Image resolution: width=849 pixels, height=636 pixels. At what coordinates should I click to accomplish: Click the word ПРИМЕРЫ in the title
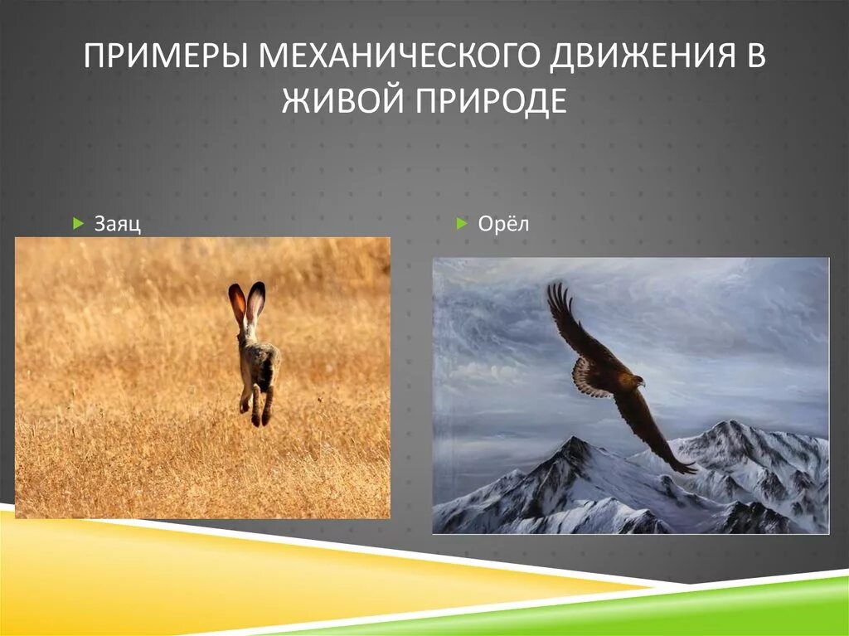tap(166, 56)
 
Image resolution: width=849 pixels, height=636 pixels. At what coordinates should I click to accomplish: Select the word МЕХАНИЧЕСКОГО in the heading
tap(400, 56)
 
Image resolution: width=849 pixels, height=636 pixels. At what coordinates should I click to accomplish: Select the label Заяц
tap(118, 223)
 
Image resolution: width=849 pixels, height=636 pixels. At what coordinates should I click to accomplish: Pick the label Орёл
tap(503, 223)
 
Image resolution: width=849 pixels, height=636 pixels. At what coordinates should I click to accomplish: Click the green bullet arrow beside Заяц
tap(79, 223)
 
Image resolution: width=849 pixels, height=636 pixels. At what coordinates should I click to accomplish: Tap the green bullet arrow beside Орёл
tap(462, 223)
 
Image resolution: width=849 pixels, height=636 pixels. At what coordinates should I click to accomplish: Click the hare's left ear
tap(236, 303)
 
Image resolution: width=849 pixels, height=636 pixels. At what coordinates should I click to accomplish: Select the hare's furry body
tap(260, 364)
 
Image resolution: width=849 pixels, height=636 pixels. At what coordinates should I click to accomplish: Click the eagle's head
tap(637, 381)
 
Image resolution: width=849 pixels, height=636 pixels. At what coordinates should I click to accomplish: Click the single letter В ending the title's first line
tap(756, 56)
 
